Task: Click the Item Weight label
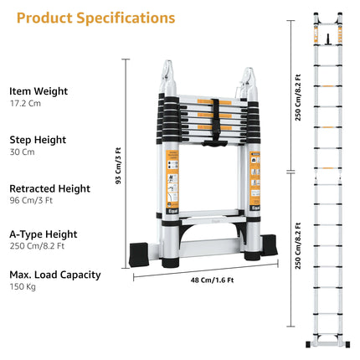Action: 39,90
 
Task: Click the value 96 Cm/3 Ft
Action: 35,203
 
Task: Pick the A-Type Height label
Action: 44,234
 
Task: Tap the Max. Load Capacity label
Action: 55,274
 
